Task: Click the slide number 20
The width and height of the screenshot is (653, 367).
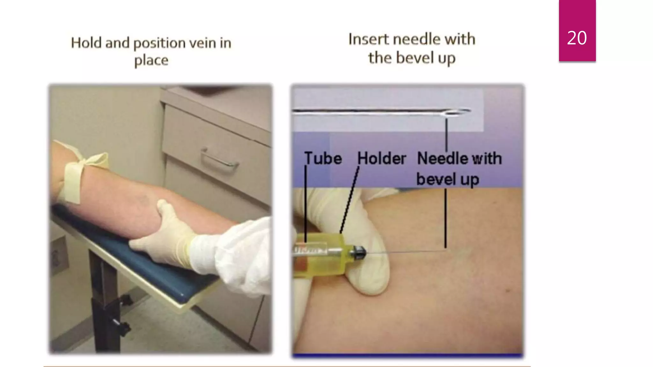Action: pyautogui.click(x=577, y=38)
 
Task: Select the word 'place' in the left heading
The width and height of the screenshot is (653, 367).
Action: pyautogui.click(x=151, y=60)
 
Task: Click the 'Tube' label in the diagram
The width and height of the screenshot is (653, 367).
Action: pyautogui.click(x=323, y=158)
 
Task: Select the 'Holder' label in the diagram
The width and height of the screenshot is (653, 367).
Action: pyautogui.click(x=381, y=158)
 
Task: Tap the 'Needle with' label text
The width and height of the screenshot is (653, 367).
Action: pyautogui.click(x=459, y=158)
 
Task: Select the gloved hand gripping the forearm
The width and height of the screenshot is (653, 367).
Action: pyautogui.click(x=166, y=236)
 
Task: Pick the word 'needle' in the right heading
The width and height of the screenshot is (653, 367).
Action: pyautogui.click(x=416, y=39)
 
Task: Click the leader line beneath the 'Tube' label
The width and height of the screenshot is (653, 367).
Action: pyautogui.click(x=305, y=204)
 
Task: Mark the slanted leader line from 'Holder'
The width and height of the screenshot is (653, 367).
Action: pyautogui.click(x=349, y=201)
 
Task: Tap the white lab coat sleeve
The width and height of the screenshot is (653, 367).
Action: pyautogui.click(x=242, y=252)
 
